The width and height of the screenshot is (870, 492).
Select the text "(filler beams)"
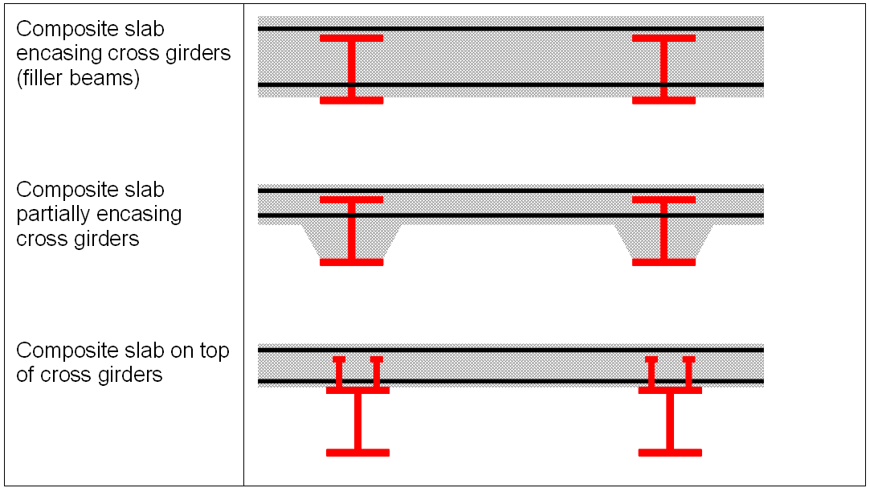pyautogui.click(x=78, y=79)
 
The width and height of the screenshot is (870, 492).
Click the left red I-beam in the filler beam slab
pyautogui.click(x=351, y=69)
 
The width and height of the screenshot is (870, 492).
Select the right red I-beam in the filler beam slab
pyautogui.click(x=664, y=69)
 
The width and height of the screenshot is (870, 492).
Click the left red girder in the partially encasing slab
pyautogui.click(x=351, y=231)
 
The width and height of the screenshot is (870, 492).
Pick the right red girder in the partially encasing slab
pyautogui.click(x=664, y=231)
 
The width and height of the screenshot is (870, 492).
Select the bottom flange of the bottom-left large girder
pyautogui.click(x=357, y=453)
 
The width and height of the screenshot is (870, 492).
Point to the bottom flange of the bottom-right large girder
pyautogui.click(x=670, y=453)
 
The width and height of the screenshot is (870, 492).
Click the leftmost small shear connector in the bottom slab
pyautogui.click(x=339, y=372)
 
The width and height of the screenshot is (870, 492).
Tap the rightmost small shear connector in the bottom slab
pyautogui.click(x=688, y=372)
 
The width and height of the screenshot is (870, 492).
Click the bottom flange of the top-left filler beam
pyautogui.click(x=351, y=100)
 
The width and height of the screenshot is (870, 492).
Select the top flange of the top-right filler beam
pyautogui.click(x=664, y=38)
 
